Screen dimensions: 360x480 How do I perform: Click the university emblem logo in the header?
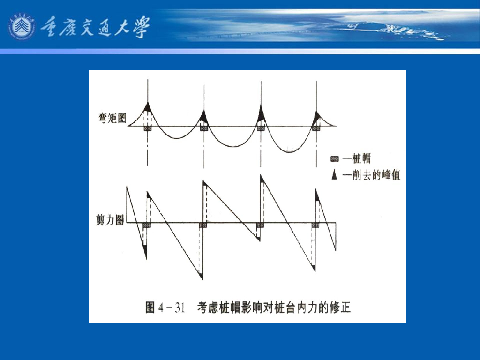click(x=22, y=27)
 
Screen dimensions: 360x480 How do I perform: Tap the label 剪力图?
click(x=110, y=220)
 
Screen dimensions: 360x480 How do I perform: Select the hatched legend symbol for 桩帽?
click(x=334, y=160)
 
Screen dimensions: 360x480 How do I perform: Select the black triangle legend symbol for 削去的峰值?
click(x=334, y=175)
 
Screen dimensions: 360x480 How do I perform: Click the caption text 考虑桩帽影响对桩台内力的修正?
click(x=274, y=308)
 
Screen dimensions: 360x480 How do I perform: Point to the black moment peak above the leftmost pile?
click(x=148, y=108)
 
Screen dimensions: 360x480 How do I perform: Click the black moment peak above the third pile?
click(x=261, y=112)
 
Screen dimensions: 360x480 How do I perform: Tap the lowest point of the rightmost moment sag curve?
click(x=288, y=151)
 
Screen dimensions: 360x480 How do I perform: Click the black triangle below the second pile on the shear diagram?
click(x=202, y=276)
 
